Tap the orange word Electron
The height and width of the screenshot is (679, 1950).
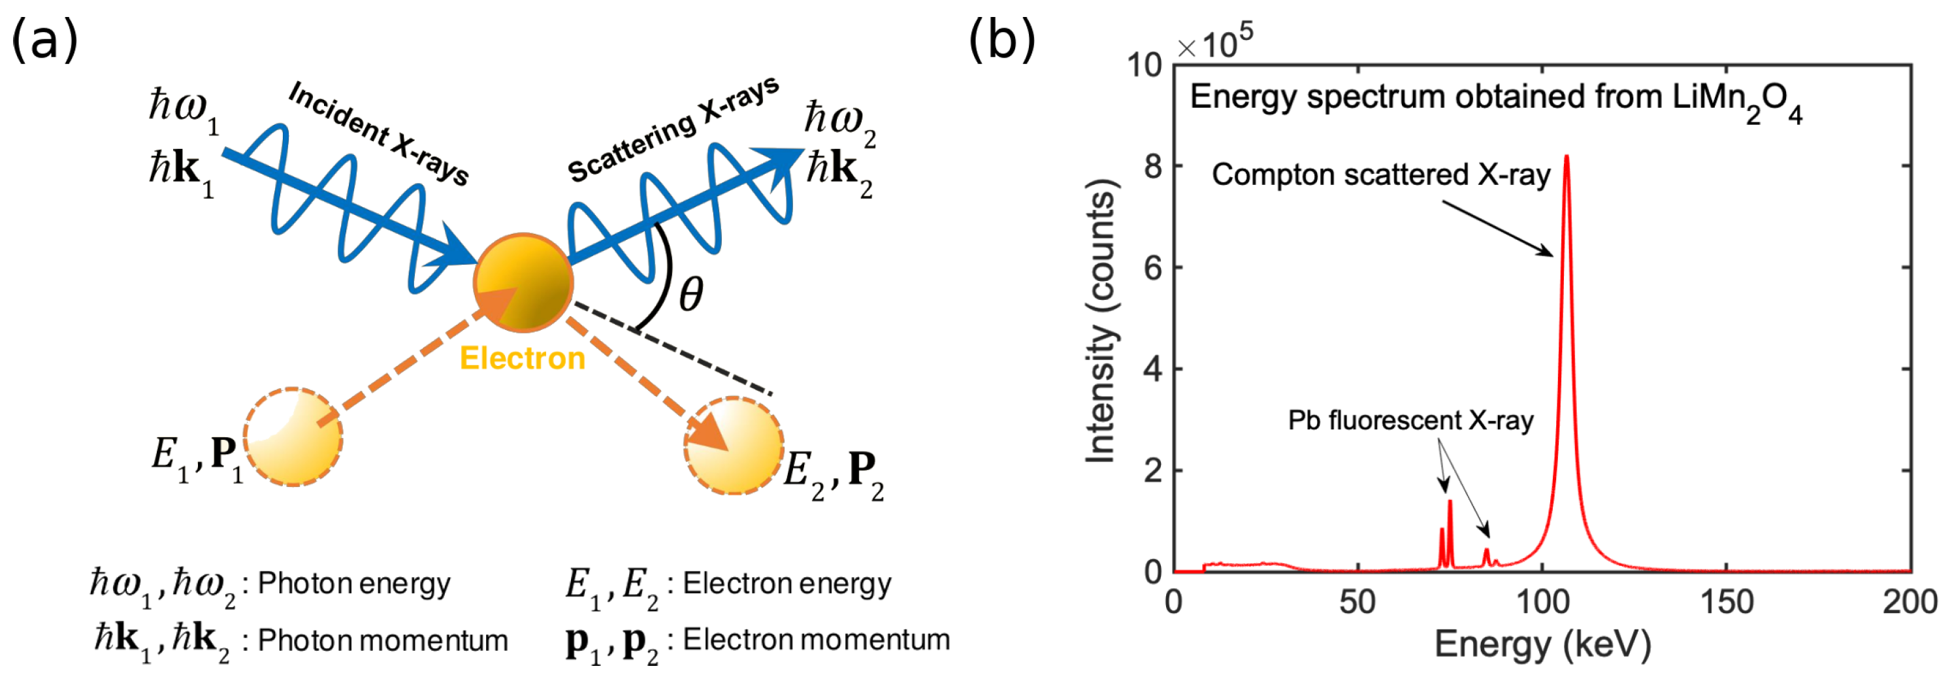(x=523, y=358)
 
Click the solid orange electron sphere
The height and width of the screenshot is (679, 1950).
(x=523, y=282)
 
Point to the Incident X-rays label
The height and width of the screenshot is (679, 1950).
(x=378, y=133)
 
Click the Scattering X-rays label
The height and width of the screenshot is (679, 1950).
(x=673, y=130)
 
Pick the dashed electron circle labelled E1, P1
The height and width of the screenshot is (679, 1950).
(x=293, y=437)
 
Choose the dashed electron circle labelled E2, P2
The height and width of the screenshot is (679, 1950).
(x=733, y=446)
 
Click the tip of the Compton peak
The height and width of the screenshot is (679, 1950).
(x=1567, y=157)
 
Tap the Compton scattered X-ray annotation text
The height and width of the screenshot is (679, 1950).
(x=1381, y=175)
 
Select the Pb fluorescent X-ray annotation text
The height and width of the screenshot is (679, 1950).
(x=1410, y=420)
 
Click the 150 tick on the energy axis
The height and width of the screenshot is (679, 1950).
(x=1727, y=603)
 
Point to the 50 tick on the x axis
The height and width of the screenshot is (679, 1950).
(x=1357, y=603)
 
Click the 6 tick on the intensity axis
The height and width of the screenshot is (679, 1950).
(x=1153, y=267)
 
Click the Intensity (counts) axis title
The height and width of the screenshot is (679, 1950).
(x=1101, y=320)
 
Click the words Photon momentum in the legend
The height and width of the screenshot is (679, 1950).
(x=382, y=641)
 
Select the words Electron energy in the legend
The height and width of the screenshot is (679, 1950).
(x=787, y=584)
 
